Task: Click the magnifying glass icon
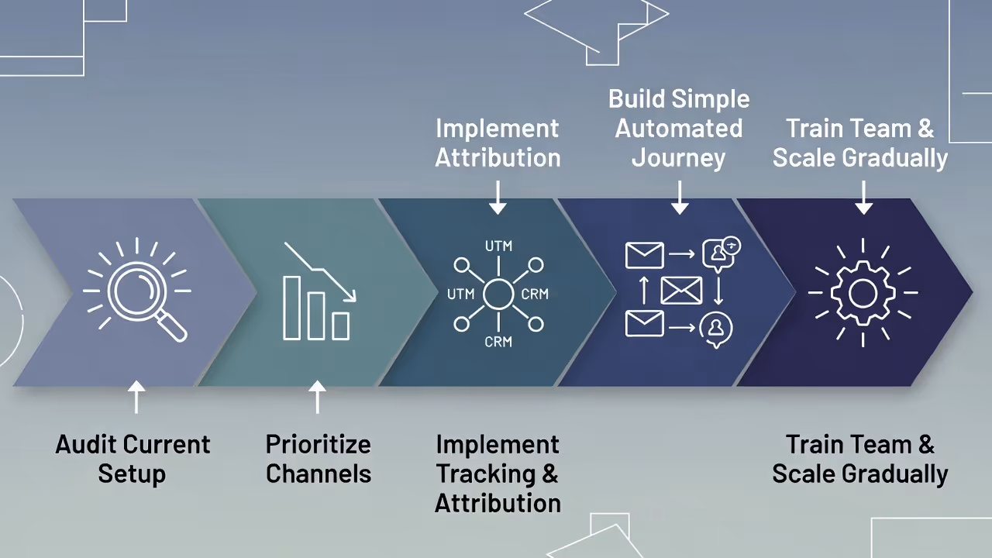[x=137, y=291]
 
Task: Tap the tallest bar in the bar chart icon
[x=291, y=307]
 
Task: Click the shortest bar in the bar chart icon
[x=340, y=325]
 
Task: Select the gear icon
[x=863, y=293]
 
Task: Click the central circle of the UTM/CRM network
[x=498, y=294]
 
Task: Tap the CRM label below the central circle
[x=498, y=341]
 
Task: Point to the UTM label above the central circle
[x=498, y=246]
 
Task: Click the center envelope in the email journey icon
[x=681, y=291]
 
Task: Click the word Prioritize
[x=318, y=445]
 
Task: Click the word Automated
[x=679, y=129]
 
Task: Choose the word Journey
[x=679, y=158]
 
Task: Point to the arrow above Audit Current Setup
[x=136, y=397]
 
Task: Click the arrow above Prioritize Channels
[x=317, y=397]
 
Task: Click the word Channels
[x=318, y=474]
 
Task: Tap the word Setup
[x=132, y=474]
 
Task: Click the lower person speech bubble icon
[x=715, y=329]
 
